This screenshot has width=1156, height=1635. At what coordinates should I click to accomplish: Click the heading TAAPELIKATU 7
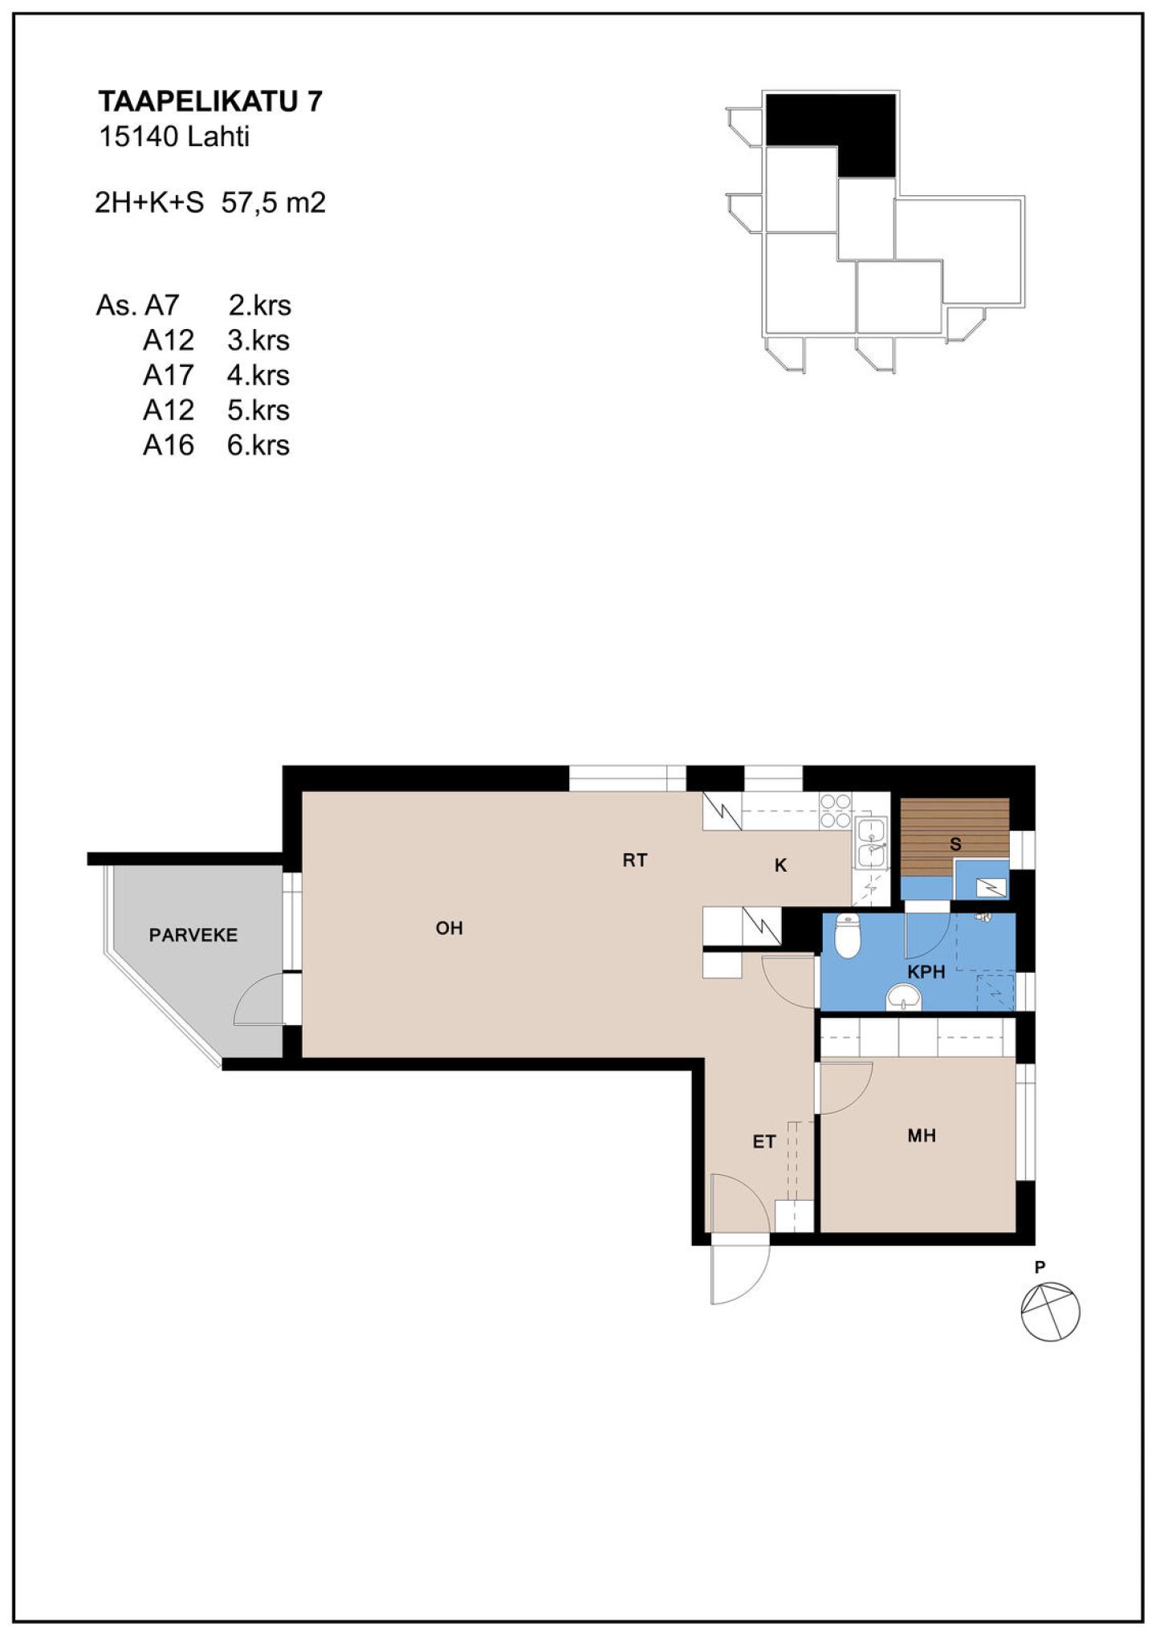pyautogui.click(x=210, y=101)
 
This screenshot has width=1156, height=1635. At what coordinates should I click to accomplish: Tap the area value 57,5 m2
pyautogui.click(x=274, y=203)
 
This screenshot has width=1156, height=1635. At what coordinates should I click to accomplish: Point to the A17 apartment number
pyautogui.click(x=169, y=375)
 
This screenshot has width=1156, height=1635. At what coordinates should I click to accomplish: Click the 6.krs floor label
pyautogui.click(x=258, y=445)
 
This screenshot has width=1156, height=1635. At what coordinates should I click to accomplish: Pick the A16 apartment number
pyautogui.click(x=169, y=445)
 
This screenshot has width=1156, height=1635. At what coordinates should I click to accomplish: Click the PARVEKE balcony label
pyautogui.click(x=193, y=935)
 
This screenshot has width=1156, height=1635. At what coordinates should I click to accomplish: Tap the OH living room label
pyautogui.click(x=450, y=928)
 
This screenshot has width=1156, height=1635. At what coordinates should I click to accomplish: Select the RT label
pyautogui.click(x=635, y=860)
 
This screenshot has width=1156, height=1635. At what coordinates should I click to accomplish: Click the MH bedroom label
pyautogui.click(x=922, y=1136)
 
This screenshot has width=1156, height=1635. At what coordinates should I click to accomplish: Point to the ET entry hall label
pyautogui.click(x=764, y=1141)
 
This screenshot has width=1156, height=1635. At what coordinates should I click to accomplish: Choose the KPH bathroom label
pyautogui.click(x=926, y=972)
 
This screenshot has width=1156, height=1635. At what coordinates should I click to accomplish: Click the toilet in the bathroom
pyautogui.click(x=848, y=935)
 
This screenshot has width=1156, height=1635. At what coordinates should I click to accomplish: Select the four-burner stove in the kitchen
pyautogui.click(x=836, y=811)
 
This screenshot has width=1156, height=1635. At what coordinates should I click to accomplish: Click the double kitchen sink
pyautogui.click(x=872, y=843)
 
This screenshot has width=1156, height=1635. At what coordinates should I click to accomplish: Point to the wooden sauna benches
pyautogui.click(x=955, y=837)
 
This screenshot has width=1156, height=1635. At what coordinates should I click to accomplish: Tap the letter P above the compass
pyautogui.click(x=1040, y=1267)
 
